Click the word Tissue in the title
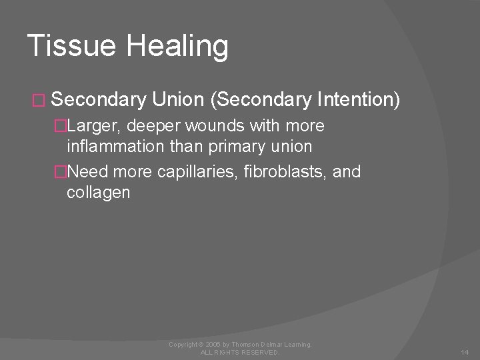[65, 46]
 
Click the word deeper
[154, 126]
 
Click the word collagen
[99, 193]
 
